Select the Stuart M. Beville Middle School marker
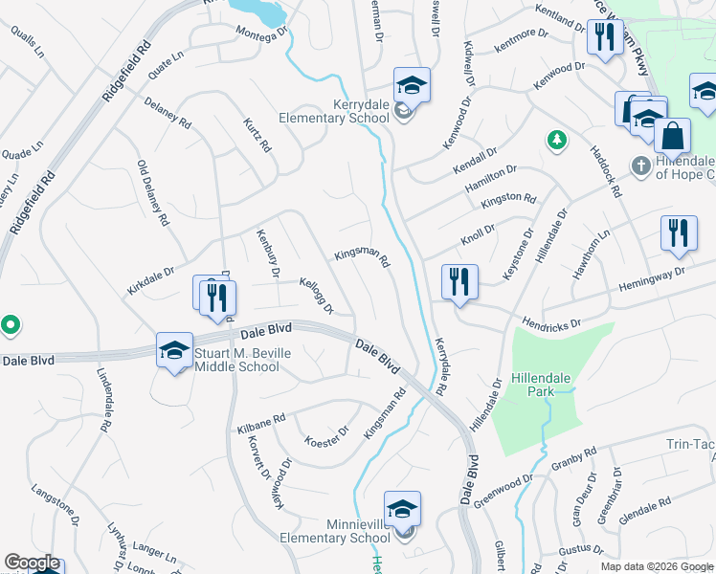pyautogui.click(x=174, y=351)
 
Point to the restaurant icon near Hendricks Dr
pyautogui.click(x=459, y=283)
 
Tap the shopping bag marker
pyautogui.click(x=673, y=137)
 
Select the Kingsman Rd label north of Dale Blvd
pyautogui.click(x=361, y=257)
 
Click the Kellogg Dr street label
pyautogui.click(x=316, y=296)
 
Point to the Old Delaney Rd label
pyautogui.click(x=153, y=192)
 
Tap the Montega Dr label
pyautogui.click(x=263, y=33)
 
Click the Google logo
pyautogui.click(x=32, y=563)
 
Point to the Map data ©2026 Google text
pyautogui.click(x=657, y=566)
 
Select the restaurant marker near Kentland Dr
pyautogui.click(x=603, y=38)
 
